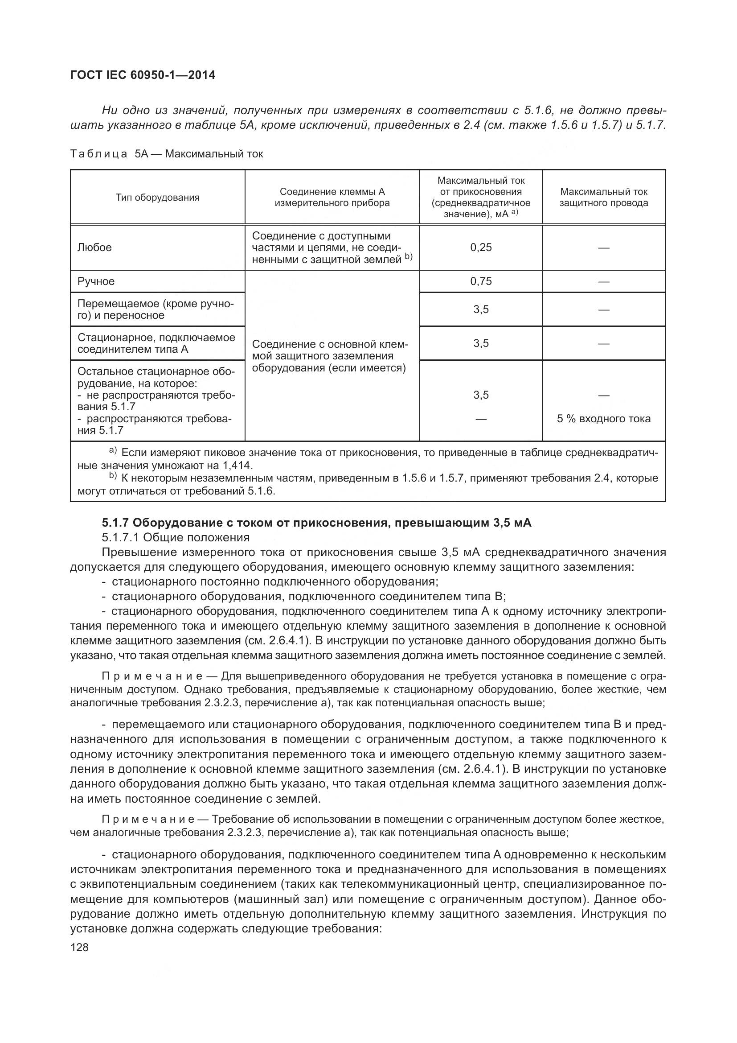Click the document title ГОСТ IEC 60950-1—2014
(x=143, y=75)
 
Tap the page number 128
(x=79, y=947)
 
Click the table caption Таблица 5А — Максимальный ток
(x=167, y=154)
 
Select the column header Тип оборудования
(x=157, y=197)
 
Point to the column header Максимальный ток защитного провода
(x=604, y=197)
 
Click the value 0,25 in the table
(x=481, y=247)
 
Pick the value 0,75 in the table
(x=481, y=281)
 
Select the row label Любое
(x=94, y=247)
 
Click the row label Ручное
(x=96, y=281)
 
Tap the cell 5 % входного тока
(x=604, y=419)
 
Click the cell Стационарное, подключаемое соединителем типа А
(x=156, y=343)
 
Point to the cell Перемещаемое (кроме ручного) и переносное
(x=156, y=309)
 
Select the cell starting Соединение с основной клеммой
(x=330, y=356)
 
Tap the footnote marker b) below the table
(x=113, y=476)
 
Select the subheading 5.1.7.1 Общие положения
(x=176, y=537)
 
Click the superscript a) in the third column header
(x=514, y=212)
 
